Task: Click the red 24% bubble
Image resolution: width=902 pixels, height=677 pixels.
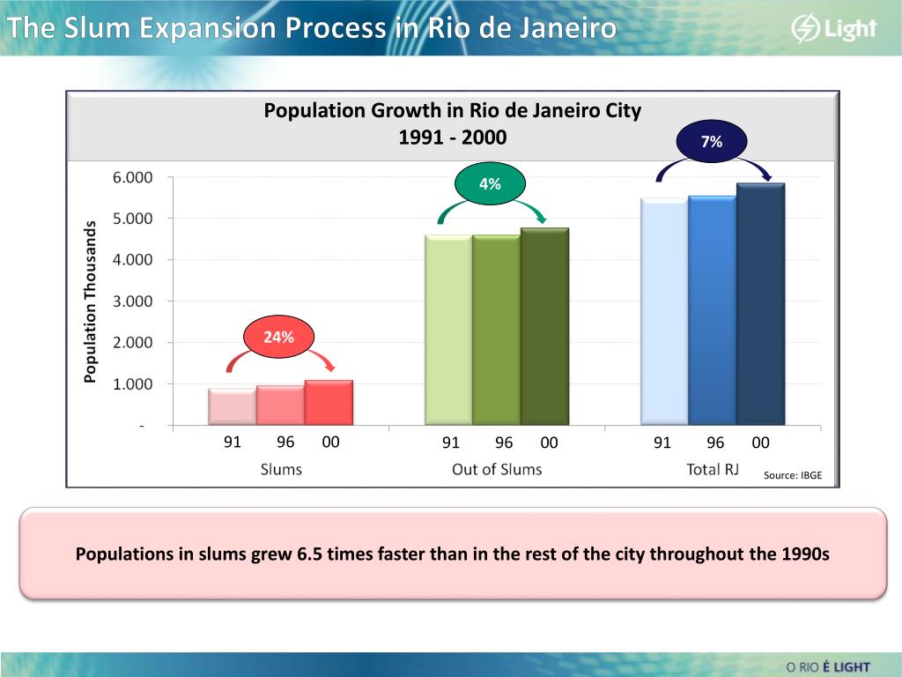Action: (279, 336)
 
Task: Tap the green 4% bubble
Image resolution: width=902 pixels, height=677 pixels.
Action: (490, 184)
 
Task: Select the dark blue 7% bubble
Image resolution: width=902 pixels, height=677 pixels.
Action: (712, 141)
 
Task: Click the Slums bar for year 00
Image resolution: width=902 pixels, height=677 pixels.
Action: (329, 403)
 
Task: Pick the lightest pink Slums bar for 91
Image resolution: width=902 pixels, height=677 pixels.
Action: (232, 406)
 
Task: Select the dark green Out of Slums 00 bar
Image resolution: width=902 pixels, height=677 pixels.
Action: (544, 326)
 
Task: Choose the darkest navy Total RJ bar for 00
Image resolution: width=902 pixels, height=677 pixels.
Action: (760, 304)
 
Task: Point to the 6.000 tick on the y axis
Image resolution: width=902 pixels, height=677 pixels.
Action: (132, 177)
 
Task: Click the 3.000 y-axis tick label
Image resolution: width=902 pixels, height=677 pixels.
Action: (132, 301)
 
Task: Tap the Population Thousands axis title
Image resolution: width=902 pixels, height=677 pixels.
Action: (89, 301)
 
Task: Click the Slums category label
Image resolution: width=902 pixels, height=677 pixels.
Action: (281, 469)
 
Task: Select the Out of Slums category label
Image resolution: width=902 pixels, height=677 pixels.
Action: (497, 469)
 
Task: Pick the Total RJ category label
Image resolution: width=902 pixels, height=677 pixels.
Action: (712, 469)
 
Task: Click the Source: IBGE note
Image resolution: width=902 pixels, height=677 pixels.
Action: (792, 475)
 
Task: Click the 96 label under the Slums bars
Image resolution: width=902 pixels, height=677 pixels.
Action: (285, 443)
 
